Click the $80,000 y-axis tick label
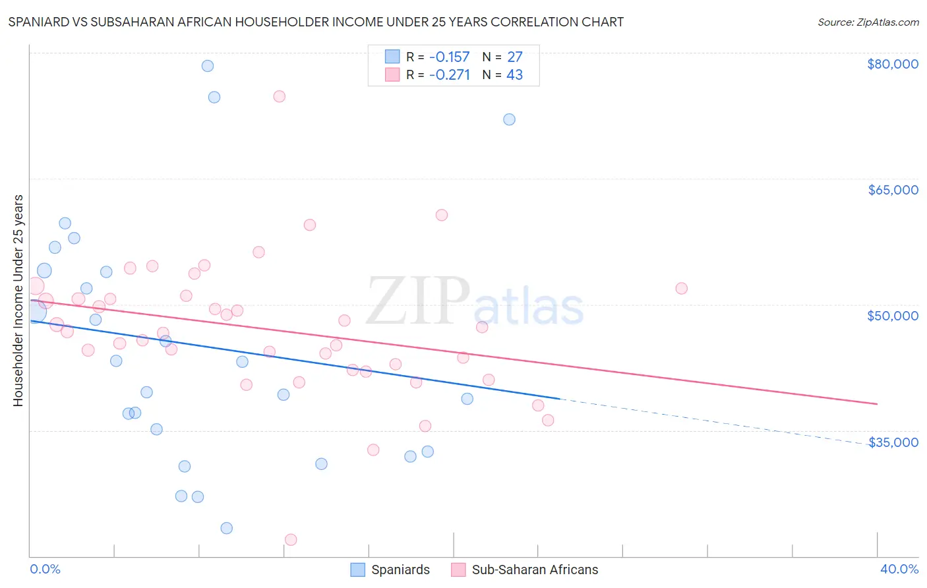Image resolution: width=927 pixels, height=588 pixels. pos(892,64)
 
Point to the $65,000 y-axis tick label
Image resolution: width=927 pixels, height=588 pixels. pos(892,190)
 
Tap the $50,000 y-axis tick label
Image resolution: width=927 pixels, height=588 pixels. pos(892,316)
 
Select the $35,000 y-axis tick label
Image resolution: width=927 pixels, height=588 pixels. pos(892,442)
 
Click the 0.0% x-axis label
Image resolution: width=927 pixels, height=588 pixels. pos(45,570)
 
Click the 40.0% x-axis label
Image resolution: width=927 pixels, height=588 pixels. pos(899,570)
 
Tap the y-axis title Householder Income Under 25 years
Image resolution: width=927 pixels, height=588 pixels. pos(18,300)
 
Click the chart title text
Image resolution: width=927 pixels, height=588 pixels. pos(316,22)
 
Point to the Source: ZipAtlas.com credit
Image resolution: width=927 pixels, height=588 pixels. pos(868,22)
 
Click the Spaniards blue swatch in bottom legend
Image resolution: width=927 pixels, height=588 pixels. pos(358,570)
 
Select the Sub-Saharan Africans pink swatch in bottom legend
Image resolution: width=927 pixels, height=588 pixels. pos(458,570)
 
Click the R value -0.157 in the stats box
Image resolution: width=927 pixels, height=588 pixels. pos(449,57)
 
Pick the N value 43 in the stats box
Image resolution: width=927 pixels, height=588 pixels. pos(514,75)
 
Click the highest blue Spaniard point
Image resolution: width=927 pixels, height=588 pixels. pos(208,66)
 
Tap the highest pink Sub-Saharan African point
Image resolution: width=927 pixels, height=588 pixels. pos(279,96)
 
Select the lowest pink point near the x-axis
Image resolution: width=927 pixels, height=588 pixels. pos(291,540)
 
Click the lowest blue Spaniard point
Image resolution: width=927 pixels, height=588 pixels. pos(227,528)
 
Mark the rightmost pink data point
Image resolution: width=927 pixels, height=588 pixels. pos(682,288)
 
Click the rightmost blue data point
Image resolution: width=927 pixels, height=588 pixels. pos(509,119)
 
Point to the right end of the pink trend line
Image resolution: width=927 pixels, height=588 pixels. pos(877,403)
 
